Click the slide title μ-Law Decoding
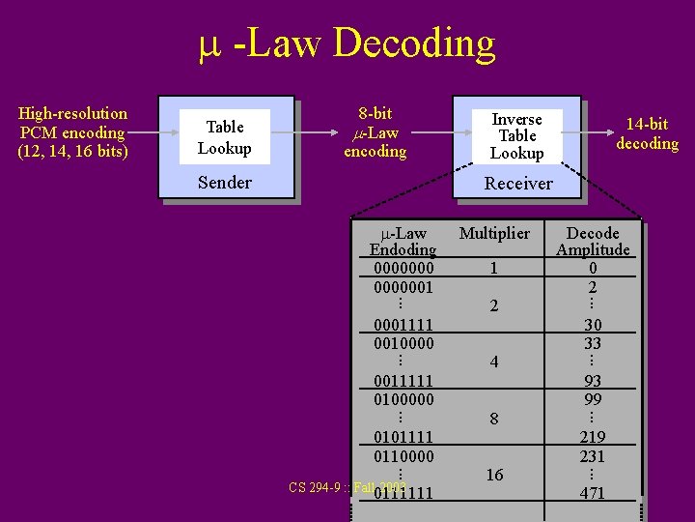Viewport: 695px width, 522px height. (x=347, y=43)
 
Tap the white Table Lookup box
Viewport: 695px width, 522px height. (x=224, y=137)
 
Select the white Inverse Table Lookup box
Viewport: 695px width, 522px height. (x=516, y=136)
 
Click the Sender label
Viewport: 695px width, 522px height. (x=224, y=183)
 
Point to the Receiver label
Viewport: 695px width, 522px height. (x=518, y=184)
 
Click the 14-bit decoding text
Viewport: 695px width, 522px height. (x=647, y=134)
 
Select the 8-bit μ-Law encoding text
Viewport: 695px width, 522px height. (x=375, y=132)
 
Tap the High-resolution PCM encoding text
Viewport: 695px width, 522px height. (x=72, y=132)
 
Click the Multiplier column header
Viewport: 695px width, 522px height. (x=494, y=233)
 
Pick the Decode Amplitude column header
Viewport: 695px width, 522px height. (x=593, y=242)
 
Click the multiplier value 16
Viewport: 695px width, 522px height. (x=494, y=475)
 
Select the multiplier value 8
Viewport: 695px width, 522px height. (x=494, y=420)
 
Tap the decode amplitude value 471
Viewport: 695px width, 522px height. (x=593, y=493)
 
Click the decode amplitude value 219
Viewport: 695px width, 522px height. (x=593, y=438)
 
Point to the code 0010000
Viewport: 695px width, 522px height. (x=403, y=343)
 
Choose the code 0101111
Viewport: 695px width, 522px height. (x=403, y=437)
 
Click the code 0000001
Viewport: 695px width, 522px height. (x=403, y=287)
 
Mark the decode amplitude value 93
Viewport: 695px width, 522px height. (x=593, y=382)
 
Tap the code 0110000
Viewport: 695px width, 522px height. (x=403, y=455)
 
